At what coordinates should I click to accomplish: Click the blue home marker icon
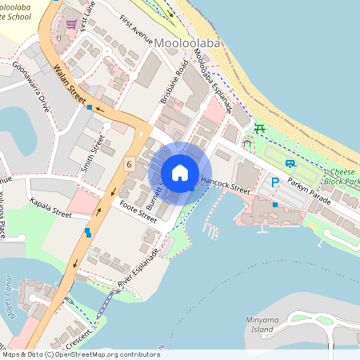[180, 173]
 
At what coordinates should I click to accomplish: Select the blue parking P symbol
[274, 182]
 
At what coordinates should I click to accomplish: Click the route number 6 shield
[129, 164]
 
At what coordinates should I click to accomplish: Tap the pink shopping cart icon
[71, 24]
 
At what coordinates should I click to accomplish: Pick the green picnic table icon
[258, 127]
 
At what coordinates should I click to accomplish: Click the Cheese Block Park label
[344, 177]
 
